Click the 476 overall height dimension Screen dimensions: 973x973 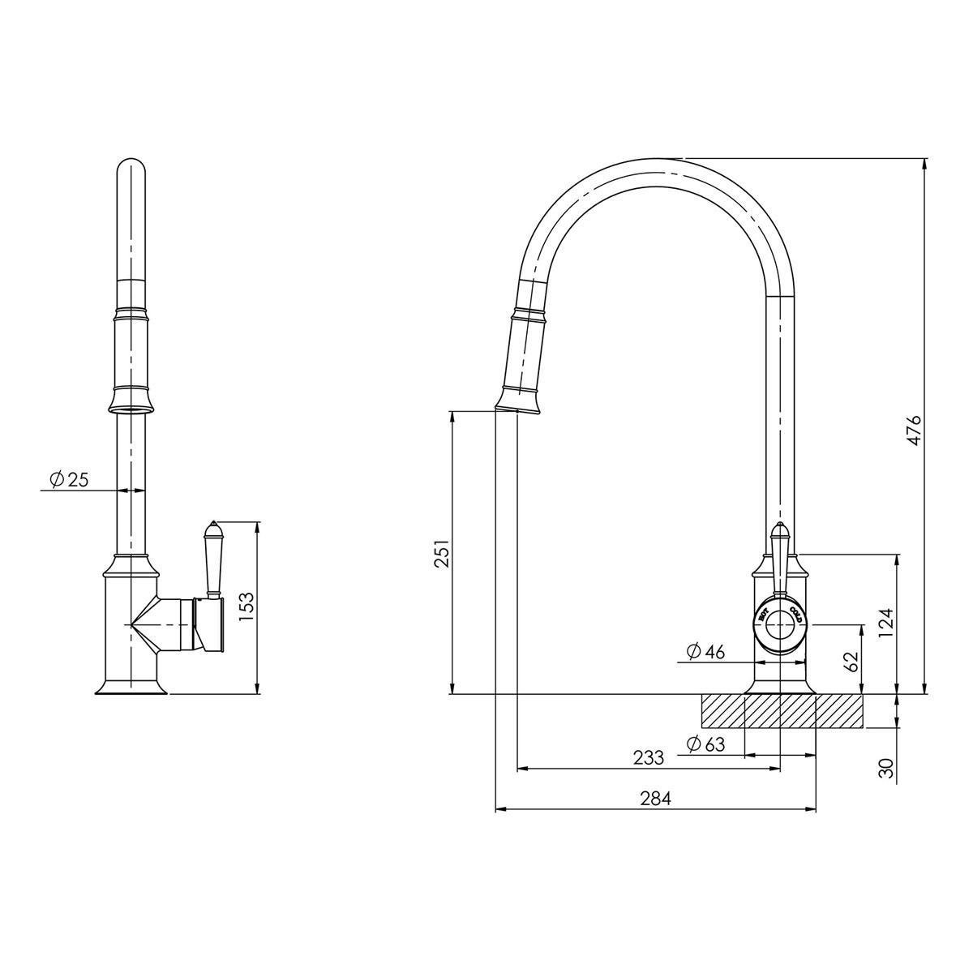point(914,430)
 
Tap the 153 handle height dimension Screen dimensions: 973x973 point(247,607)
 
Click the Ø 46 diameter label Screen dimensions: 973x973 point(705,651)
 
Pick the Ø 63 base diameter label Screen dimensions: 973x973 point(705,744)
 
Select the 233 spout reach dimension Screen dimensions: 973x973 point(649,757)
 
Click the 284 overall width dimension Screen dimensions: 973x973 point(655,798)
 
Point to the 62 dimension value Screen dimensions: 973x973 point(851,661)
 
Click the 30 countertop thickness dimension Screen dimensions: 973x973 point(888,768)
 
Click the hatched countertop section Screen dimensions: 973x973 point(782,711)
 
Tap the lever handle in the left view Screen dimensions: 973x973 point(213,559)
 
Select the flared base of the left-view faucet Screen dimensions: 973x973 point(131,688)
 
